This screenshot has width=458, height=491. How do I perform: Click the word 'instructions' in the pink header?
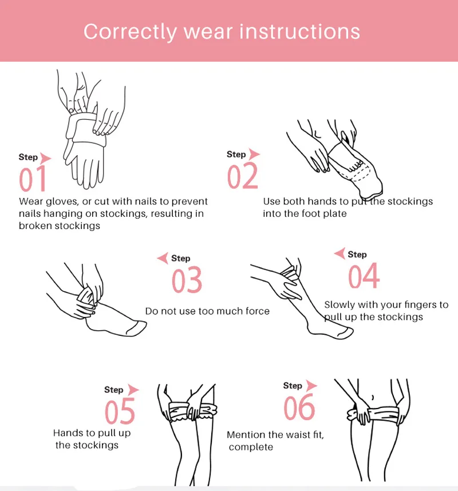click(300, 31)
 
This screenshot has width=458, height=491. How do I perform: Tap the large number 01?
click(33, 179)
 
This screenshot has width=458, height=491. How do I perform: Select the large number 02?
click(243, 176)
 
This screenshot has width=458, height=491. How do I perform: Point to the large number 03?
click(187, 280)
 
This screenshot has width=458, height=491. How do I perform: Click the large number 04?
click(364, 276)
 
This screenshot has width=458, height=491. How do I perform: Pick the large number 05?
click(120, 411)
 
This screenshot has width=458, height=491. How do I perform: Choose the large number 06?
click(299, 407)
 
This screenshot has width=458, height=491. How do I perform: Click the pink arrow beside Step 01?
click(45, 158)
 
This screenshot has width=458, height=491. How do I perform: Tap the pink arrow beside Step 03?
click(163, 258)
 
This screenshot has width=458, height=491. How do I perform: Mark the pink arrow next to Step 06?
click(311, 386)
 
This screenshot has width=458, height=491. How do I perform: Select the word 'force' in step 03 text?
click(258, 311)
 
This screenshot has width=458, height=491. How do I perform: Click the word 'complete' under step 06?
click(251, 447)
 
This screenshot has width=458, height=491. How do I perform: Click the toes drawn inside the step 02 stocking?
click(357, 165)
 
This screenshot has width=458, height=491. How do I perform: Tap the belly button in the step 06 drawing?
click(373, 397)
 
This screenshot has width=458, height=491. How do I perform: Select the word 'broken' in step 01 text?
click(34, 226)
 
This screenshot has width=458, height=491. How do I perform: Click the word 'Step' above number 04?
click(357, 255)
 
